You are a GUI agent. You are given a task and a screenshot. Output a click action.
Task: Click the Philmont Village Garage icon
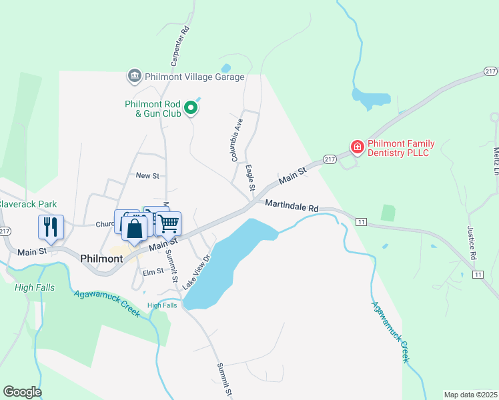[134, 76]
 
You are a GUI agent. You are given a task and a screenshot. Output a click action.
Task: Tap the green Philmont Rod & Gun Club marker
[191, 107]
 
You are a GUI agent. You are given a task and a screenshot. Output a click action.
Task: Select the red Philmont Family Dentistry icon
[357, 147]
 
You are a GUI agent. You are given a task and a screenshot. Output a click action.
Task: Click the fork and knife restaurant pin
[51, 227]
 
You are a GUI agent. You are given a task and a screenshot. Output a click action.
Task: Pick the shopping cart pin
[169, 223]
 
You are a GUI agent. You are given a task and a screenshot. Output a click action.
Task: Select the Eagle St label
[250, 178]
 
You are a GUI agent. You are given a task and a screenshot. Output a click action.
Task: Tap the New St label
[147, 175]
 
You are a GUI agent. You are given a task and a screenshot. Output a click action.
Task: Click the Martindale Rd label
[291, 207]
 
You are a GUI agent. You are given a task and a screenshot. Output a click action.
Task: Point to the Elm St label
[153, 271]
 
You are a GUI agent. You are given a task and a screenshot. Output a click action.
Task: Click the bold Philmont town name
[101, 258]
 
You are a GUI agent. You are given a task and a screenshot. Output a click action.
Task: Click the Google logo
[22, 392]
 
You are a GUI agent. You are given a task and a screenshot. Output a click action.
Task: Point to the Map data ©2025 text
[470, 395]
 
